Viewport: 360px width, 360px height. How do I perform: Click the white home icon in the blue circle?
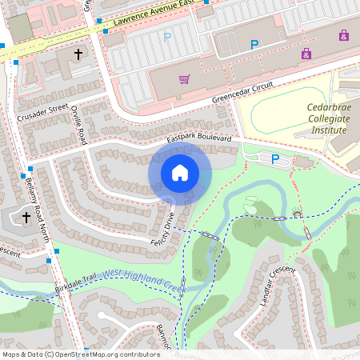180,173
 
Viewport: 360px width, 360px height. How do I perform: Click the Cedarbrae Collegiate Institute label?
329,118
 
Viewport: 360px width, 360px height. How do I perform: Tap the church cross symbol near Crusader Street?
78,54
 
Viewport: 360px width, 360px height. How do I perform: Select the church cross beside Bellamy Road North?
26,217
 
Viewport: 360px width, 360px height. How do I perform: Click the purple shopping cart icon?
185,79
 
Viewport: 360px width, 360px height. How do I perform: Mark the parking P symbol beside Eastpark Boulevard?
275,159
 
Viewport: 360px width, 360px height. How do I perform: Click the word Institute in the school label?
329,129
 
